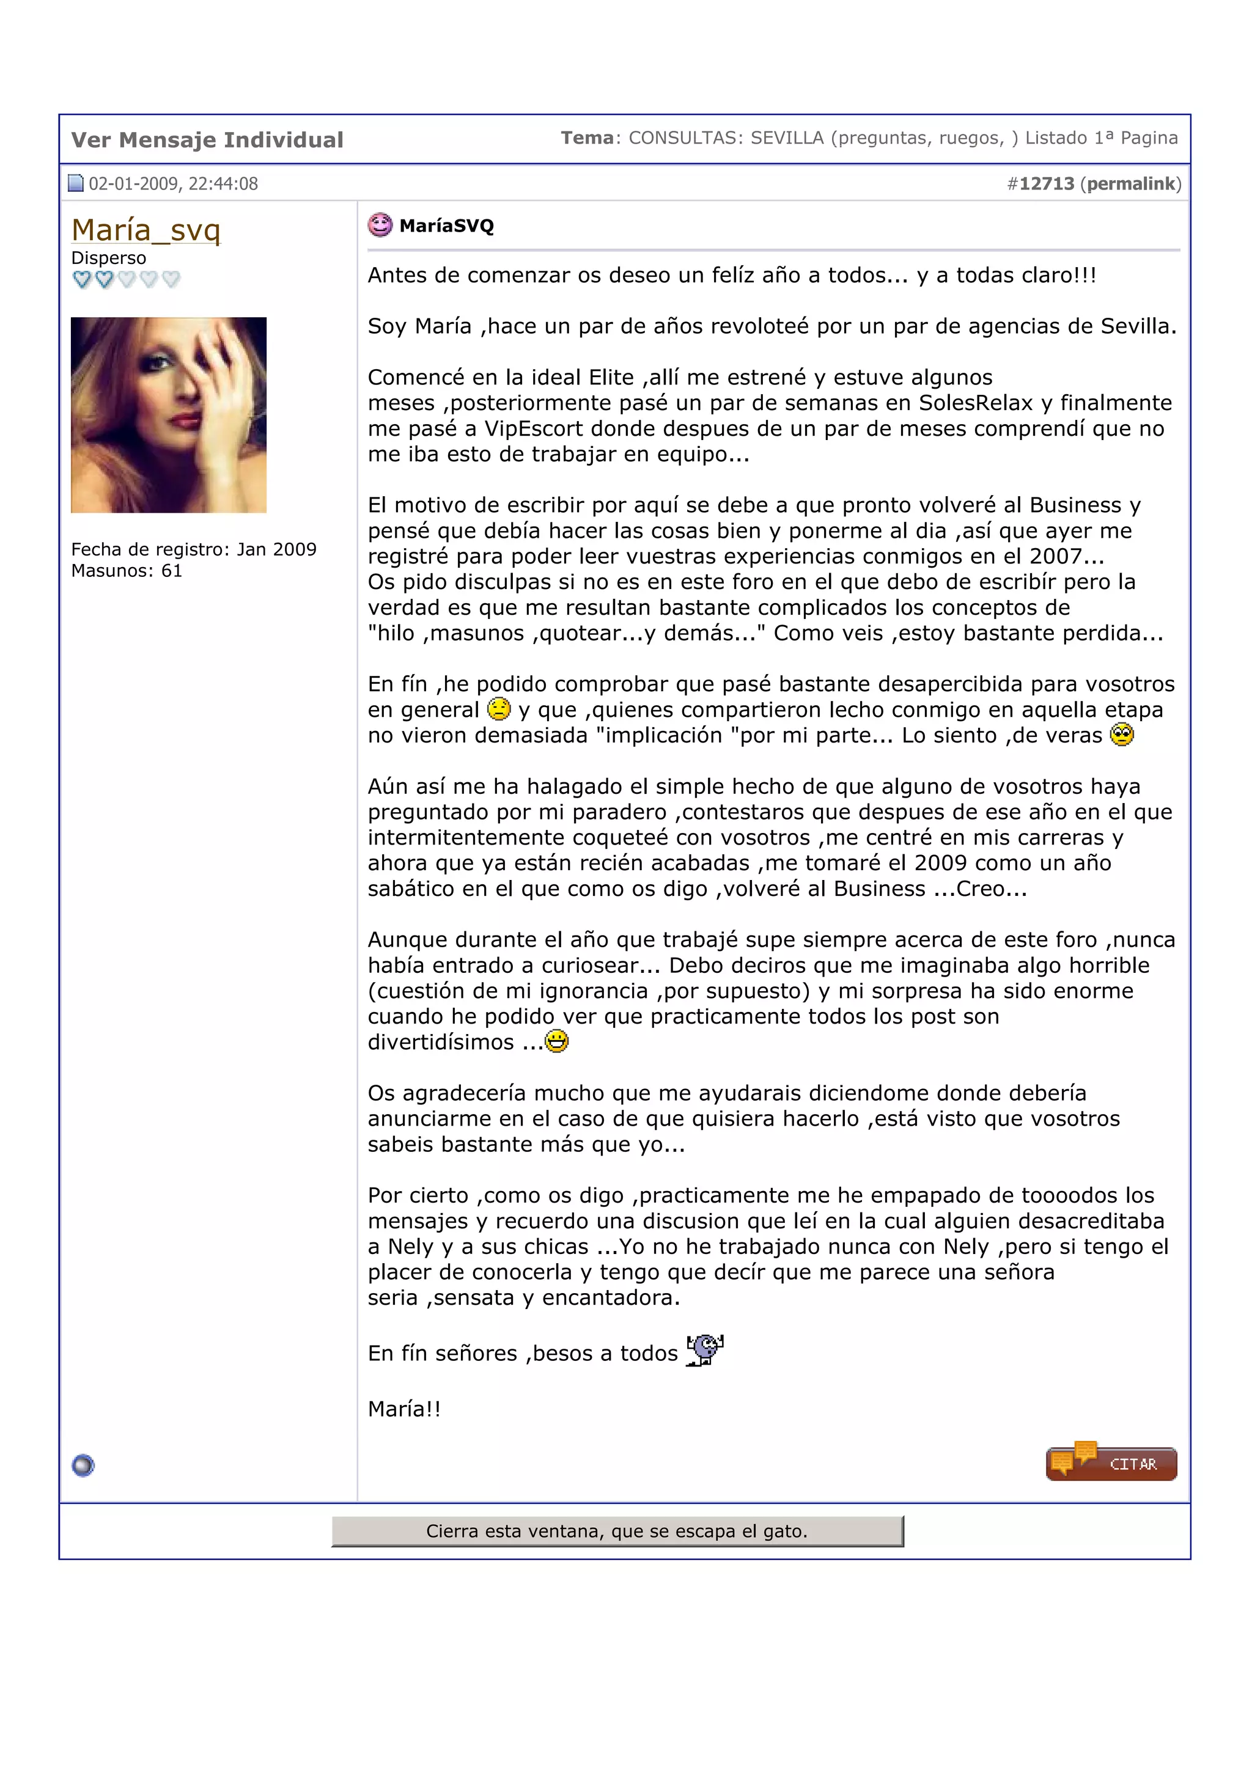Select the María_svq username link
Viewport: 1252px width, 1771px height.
coord(145,230)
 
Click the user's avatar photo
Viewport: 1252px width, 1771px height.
coord(168,415)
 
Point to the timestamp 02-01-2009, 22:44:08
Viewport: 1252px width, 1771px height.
coord(173,183)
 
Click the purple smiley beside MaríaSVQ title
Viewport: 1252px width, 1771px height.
coord(380,226)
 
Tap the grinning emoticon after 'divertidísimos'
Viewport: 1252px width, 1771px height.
coord(556,1041)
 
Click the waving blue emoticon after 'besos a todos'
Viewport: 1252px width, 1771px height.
coord(705,1350)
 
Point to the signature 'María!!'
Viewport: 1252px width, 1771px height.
coord(404,1409)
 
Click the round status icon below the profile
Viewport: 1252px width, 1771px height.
coord(83,1465)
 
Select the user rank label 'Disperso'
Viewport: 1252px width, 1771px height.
coord(108,258)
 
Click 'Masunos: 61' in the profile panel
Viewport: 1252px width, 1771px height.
coord(127,571)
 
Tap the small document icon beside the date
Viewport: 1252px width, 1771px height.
coord(76,183)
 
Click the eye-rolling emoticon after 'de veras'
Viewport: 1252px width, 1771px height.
coord(1122,735)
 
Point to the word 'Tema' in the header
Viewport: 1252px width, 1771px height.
coord(586,138)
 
